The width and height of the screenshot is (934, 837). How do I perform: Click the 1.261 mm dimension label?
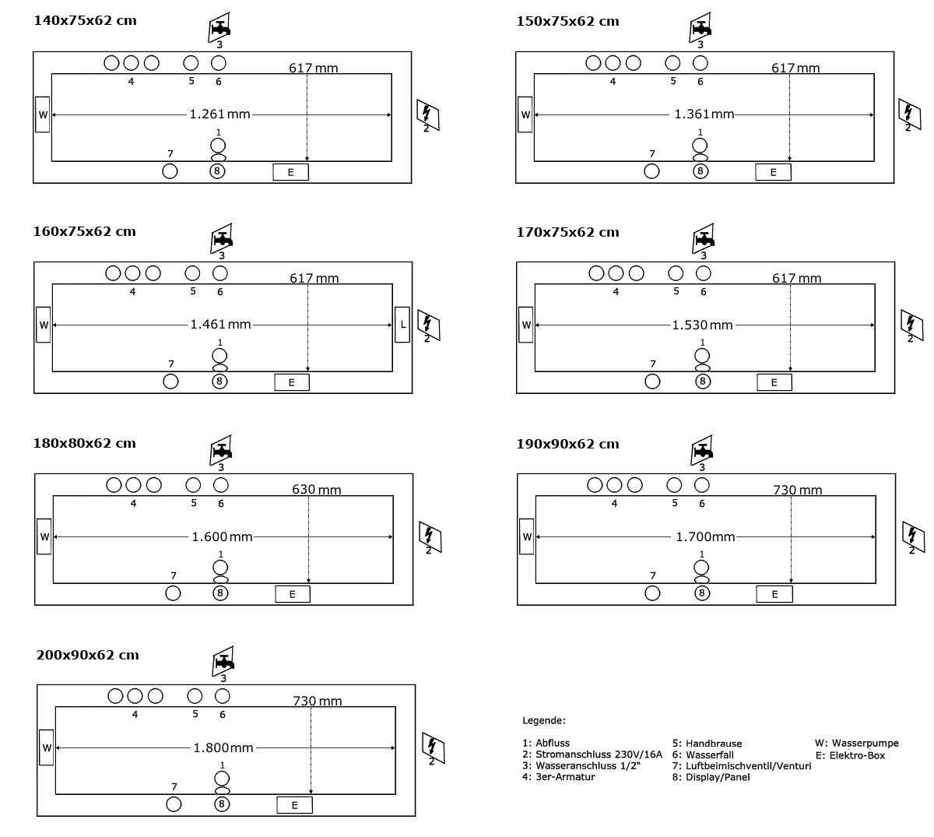point(220,114)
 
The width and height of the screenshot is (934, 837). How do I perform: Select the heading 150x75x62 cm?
point(567,22)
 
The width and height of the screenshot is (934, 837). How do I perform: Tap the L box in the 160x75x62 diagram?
point(402,325)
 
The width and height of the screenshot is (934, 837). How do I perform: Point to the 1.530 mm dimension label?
point(703,325)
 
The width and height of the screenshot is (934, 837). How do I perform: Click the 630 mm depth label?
point(316,490)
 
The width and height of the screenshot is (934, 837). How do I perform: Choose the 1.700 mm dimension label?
point(705,536)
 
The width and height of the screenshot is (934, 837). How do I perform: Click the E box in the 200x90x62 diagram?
point(295,805)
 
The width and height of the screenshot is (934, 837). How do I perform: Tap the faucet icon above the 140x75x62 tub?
point(220,30)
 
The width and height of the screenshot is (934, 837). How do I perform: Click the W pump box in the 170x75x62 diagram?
point(526,325)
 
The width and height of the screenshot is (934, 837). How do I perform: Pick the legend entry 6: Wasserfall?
point(703,754)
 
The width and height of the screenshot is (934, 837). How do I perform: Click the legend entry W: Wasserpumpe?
point(856,744)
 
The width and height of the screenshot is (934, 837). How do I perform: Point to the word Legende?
point(543,721)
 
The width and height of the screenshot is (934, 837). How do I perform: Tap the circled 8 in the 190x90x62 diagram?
point(702,593)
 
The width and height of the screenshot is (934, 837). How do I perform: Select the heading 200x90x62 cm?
point(87,655)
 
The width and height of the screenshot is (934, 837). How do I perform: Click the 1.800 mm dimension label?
point(223,747)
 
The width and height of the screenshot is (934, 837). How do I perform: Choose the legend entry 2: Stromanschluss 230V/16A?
point(592,754)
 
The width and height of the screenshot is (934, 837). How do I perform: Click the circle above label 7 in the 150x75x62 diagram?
point(652,171)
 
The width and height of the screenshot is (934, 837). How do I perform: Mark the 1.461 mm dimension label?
point(221,324)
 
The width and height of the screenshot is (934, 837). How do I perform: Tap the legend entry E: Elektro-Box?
point(850,755)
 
